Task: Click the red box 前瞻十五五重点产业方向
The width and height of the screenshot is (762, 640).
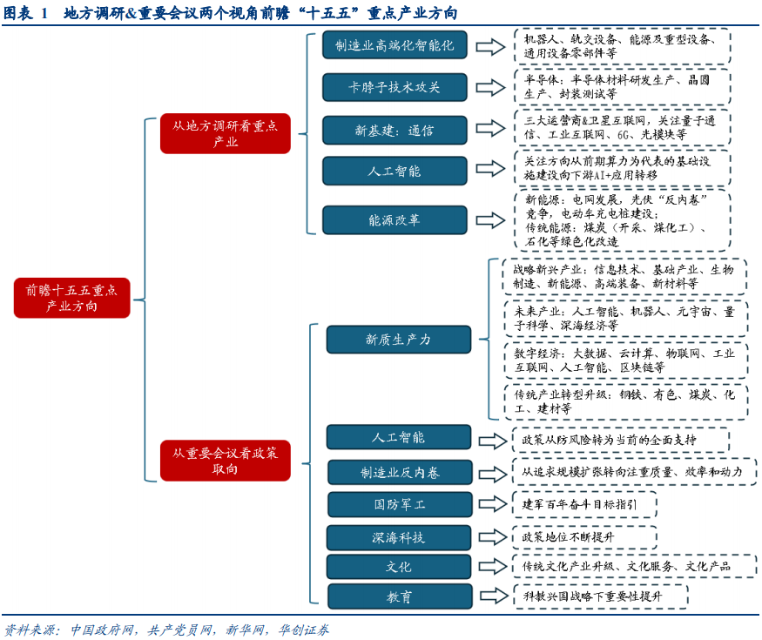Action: click(x=72, y=298)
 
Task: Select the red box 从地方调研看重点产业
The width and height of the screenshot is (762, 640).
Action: click(x=225, y=133)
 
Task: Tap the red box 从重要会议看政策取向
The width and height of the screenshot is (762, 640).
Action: click(x=225, y=461)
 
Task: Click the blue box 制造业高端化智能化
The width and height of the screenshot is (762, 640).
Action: click(x=394, y=45)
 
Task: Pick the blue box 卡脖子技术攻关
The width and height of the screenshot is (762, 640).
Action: click(x=394, y=87)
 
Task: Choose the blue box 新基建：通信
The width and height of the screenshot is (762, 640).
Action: click(x=394, y=130)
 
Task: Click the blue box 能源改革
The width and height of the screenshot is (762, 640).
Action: click(x=394, y=219)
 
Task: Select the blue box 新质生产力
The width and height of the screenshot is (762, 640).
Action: click(x=398, y=340)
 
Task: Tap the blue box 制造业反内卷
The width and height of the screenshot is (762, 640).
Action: click(x=400, y=472)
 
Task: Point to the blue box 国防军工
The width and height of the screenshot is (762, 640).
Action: click(x=400, y=504)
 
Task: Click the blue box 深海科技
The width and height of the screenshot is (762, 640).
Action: click(x=400, y=537)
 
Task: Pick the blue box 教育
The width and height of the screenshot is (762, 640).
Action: click(x=400, y=596)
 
